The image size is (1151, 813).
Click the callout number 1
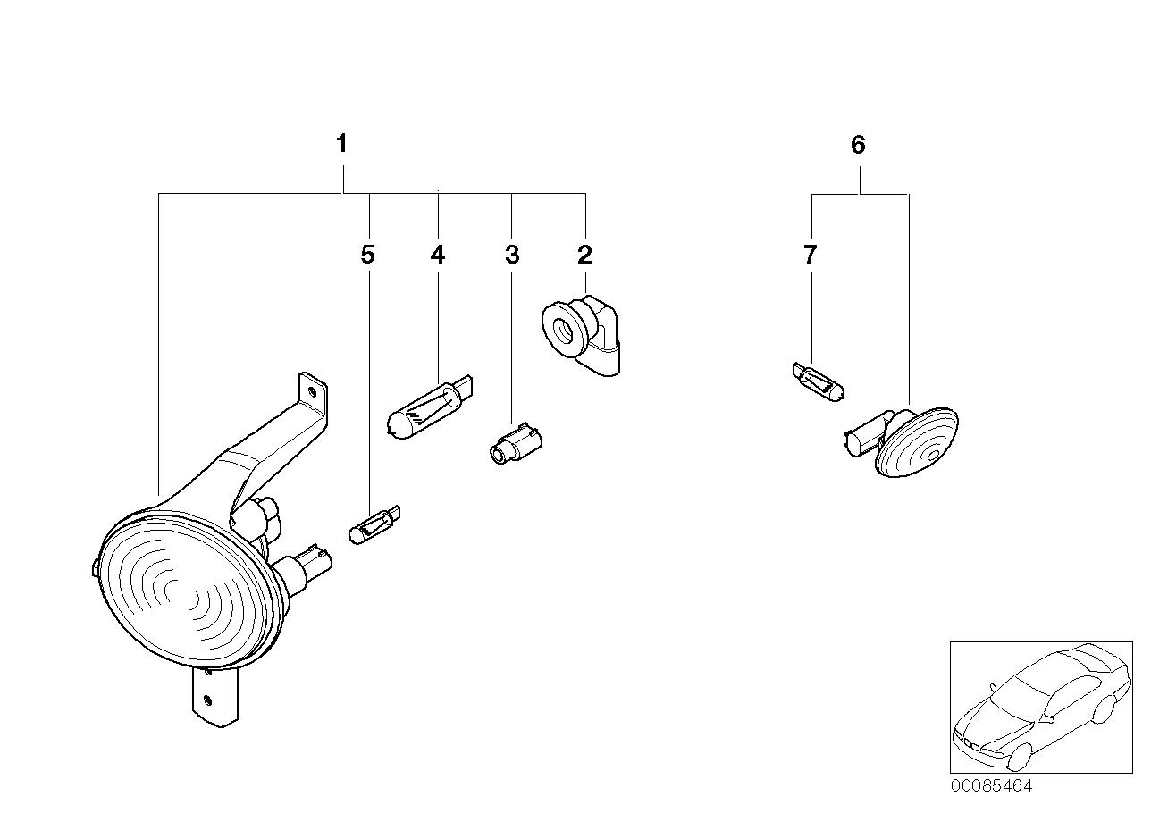[341, 143]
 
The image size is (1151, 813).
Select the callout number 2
[584, 256]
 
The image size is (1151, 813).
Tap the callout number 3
[511, 256]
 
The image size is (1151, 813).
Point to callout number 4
[437, 256]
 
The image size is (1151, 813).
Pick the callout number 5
[367, 256]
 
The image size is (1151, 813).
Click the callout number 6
[858, 145]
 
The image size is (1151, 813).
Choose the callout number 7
[810, 256]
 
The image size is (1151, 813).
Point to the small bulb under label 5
[372, 524]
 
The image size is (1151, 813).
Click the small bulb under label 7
[817, 382]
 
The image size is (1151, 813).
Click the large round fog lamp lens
[183, 591]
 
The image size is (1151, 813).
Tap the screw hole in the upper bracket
[311, 390]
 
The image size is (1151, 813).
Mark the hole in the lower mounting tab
[207, 700]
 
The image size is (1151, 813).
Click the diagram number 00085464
[990, 786]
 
